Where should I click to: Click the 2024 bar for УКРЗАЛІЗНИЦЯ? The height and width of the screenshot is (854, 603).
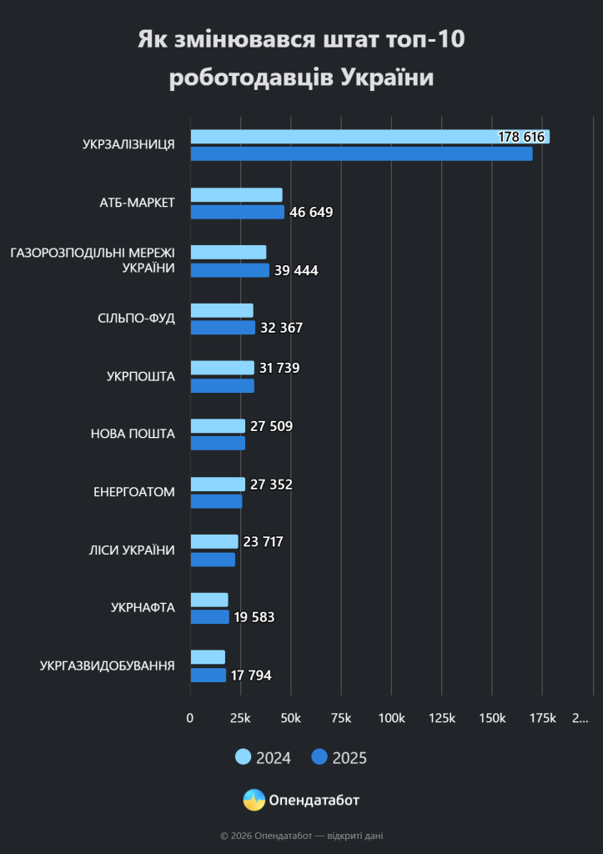point(369,137)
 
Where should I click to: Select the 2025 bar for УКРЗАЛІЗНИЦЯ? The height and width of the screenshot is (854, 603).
point(362,154)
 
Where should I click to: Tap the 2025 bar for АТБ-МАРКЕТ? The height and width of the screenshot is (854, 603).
point(238,212)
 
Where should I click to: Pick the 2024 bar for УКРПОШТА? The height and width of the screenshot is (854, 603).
point(222,368)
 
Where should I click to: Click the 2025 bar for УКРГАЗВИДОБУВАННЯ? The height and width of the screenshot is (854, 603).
point(208,676)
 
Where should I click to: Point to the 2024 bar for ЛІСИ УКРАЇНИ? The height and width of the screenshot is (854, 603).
point(214,542)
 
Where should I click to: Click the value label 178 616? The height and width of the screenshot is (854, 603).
point(521,137)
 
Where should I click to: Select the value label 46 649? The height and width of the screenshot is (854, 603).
point(311,213)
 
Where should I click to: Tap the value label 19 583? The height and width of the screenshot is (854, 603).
point(254,618)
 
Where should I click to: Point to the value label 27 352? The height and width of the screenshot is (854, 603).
point(271,485)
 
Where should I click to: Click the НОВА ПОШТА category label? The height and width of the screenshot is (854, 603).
point(133,434)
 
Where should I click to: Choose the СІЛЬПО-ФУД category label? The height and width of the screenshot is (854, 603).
point(136,318)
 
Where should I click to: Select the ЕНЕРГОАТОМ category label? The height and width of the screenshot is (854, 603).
point(134,492)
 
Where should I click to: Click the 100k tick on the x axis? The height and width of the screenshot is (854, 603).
point(392,718)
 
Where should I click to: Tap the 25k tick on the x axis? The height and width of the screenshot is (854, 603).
point(240,718)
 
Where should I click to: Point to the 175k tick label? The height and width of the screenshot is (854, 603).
point(543,718)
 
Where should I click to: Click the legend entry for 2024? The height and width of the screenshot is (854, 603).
point(263,757)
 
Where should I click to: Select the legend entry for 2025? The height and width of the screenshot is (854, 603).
point(339,757)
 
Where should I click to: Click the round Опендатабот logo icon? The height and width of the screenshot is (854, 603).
point(254,800)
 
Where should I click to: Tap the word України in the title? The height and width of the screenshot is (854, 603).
point(387,78)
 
